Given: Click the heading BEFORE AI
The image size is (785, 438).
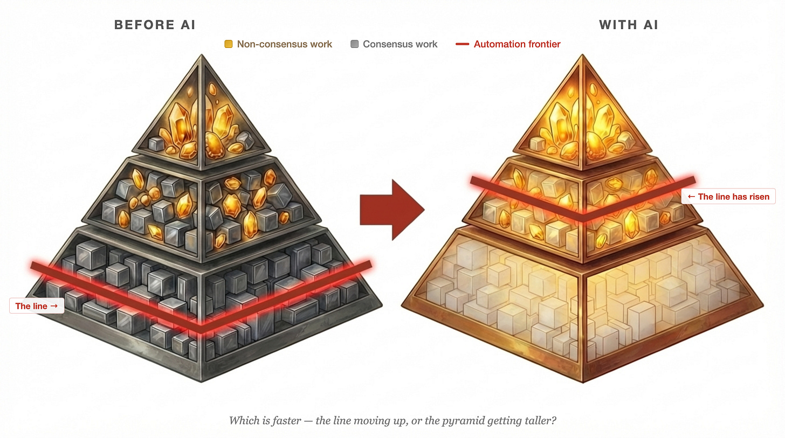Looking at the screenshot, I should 154,25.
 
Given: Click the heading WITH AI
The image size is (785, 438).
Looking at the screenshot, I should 628,25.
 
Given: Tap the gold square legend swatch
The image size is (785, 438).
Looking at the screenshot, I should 229,44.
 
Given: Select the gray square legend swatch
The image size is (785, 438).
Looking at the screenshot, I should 354,44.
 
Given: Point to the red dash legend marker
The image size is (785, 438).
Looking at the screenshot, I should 462,44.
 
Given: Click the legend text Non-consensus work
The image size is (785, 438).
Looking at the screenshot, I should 285,44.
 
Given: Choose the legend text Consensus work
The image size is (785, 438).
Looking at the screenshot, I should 400,44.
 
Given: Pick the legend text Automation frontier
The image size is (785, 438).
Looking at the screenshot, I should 517,44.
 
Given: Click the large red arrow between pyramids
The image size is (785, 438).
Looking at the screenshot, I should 392,209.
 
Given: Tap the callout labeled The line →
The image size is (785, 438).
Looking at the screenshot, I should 37,306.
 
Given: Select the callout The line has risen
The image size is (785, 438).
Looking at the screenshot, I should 728,197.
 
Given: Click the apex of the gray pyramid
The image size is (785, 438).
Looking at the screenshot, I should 202,55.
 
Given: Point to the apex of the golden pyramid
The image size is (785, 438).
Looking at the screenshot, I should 582,55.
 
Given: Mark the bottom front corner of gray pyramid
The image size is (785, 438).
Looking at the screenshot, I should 202,381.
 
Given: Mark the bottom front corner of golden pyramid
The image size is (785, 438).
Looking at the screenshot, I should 583,382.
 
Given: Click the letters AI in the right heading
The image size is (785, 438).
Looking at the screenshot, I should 650,25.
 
